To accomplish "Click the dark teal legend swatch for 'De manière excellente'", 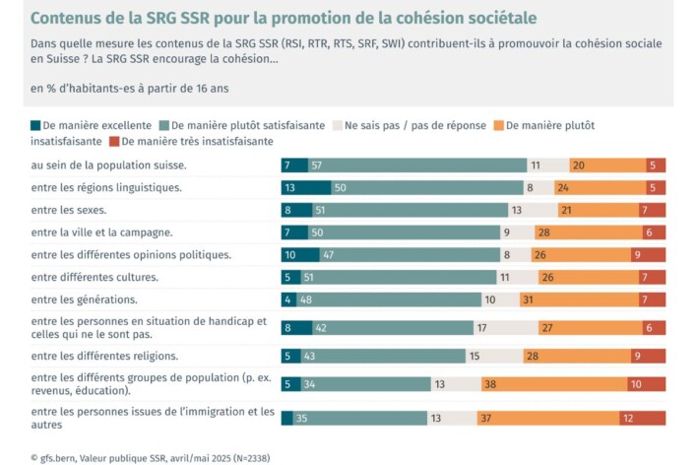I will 37,126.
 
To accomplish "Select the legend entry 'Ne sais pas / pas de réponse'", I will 413,126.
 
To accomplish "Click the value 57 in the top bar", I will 317,166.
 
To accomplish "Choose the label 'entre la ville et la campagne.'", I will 102,232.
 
